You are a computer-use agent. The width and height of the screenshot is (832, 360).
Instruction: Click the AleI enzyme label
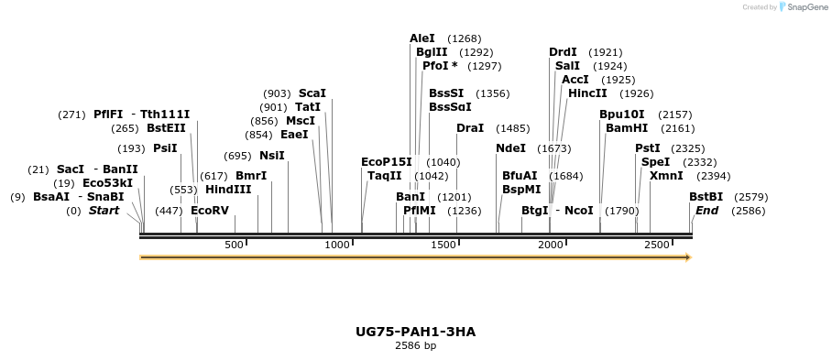point(421,38)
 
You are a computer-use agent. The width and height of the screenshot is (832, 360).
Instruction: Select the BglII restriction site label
point(432,52)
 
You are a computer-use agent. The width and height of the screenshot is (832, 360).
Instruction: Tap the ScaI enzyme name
point(312,93)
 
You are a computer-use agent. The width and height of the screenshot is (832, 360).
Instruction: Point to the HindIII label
point(228,190)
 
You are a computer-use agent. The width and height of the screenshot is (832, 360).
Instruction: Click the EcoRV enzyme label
point(210,211)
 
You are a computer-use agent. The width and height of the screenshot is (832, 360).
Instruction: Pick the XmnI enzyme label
point(666,176)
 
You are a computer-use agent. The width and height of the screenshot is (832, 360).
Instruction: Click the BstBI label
point(706,197)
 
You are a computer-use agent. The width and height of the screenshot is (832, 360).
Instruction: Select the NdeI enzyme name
point(511,148)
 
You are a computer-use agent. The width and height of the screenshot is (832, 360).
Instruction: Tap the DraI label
point(470,128)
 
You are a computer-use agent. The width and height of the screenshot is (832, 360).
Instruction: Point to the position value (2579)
point(751,197)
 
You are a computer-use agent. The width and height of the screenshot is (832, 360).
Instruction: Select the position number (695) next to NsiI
point(237,156)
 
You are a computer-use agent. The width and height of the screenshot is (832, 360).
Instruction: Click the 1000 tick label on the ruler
point(338,245)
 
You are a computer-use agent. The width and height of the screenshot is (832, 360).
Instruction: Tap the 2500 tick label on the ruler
point(657,245)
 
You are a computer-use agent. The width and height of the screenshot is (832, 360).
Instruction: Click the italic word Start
point(104,211)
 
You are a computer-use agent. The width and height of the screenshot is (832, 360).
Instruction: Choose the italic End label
point(707,211)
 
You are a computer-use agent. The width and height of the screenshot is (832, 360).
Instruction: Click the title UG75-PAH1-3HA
point(415,331)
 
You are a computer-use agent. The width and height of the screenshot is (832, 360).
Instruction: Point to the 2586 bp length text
point(415,345)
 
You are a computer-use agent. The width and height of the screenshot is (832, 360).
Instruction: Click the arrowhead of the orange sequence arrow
point(686,257)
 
